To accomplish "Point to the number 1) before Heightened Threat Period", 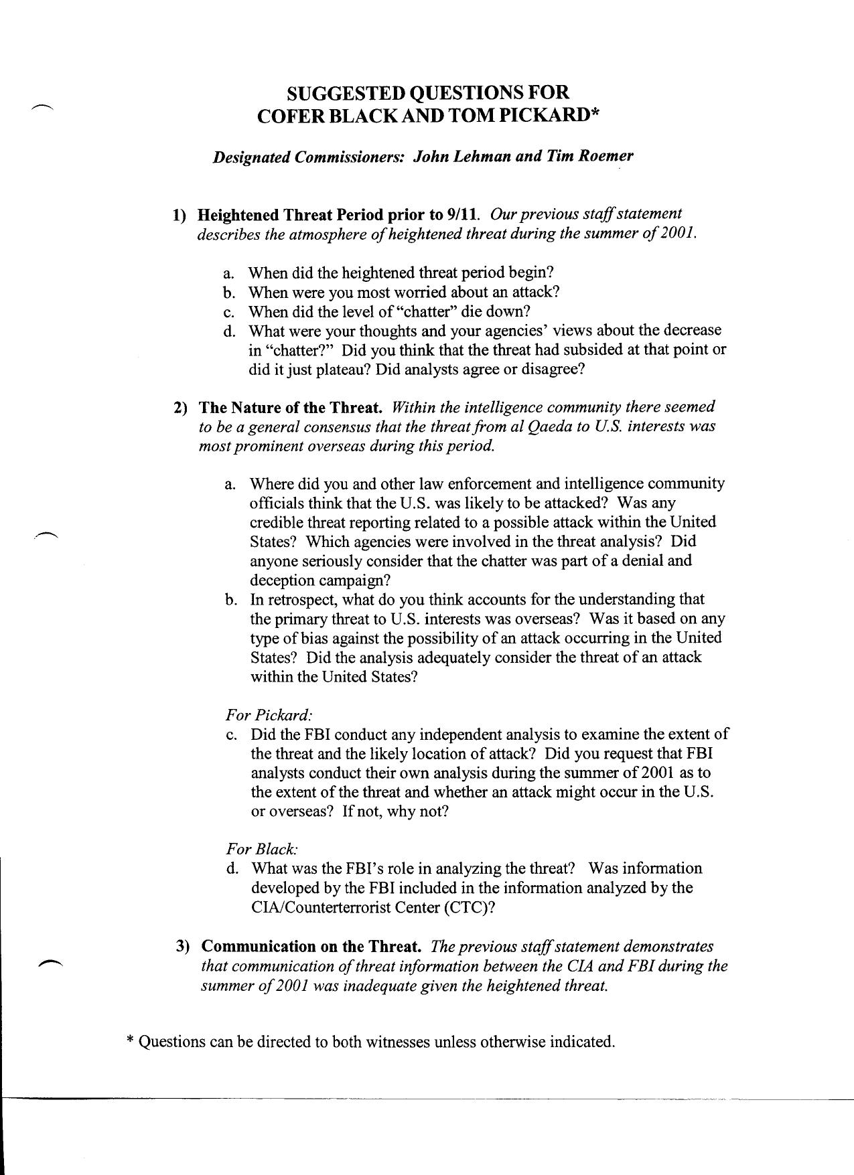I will pos(178,216).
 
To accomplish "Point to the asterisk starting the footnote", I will pos(130,1041).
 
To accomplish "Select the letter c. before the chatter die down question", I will pos(230,312).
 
